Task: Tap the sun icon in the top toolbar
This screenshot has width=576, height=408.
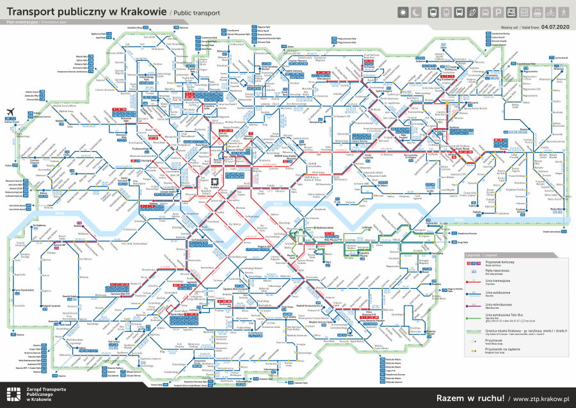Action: [x=403, y=12]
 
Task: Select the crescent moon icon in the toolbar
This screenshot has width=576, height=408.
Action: [x=417, y=12]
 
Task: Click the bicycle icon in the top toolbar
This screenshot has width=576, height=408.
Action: [x=549, y=12]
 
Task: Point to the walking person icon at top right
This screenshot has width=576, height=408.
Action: [x=564, y=12]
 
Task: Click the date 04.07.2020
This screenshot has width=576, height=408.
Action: [x=554, y=28]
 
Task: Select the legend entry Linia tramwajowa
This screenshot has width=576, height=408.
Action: [x=500, y=280]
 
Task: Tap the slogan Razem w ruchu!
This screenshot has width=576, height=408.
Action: [x=465, y=398]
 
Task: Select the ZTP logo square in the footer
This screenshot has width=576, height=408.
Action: [x=13, y=395]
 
